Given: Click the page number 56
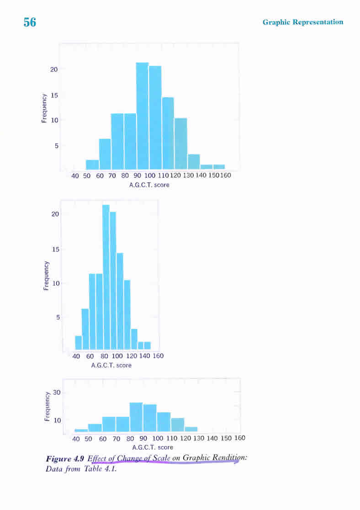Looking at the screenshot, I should (30, 22).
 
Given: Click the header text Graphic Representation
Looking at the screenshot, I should (302, 22).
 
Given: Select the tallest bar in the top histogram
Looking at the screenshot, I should (142, 116).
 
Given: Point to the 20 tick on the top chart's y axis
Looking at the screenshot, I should (54, 69).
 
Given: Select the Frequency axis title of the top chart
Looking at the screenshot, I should (44, 108).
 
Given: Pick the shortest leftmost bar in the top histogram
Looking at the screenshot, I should (92, 165).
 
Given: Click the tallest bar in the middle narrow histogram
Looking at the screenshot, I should (106, 276).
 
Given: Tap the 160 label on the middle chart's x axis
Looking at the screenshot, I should (158, 356).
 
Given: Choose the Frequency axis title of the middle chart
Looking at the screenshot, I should (46, 276).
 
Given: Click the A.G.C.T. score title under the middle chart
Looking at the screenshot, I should (111, 365).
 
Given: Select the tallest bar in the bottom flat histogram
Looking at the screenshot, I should (136, 417).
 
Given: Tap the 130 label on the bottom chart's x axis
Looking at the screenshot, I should (198, 438).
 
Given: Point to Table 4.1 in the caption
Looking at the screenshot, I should (101, 468).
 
